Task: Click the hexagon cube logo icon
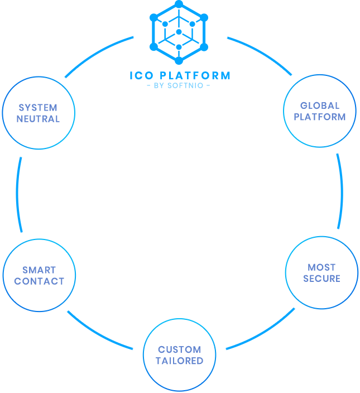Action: point(179,32)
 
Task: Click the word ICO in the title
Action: point(140,75)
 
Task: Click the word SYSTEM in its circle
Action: point(38,107)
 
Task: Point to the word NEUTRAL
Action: point(38,118)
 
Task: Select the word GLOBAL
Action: point(320,106)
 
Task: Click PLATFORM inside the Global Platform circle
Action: point(320,117)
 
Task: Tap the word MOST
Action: point(322,267)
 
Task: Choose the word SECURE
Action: point(322,278)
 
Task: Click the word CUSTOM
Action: point(179,349)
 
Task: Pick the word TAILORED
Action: point(179,361)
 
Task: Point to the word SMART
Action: point(39,270)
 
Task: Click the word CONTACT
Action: point(39,281)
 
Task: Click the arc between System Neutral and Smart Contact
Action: point(17,193)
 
